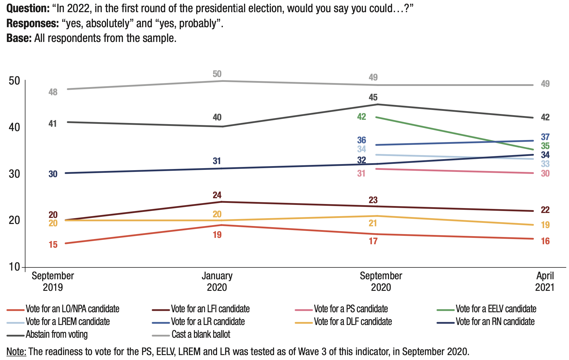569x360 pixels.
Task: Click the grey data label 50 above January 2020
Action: coord(217,74)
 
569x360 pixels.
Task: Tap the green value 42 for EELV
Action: coord(361,117)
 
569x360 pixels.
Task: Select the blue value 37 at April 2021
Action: coord(545,137)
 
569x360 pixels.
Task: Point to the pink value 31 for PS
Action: coord(361,173)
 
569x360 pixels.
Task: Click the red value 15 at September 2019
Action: coord(53,245)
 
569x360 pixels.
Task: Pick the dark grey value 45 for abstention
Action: coord(373,97)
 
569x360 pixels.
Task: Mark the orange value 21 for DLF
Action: coord(373,223)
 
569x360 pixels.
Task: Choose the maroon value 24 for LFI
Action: coord(217,195)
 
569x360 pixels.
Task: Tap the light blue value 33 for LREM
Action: coord(545,164)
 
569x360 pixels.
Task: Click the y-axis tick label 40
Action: coord(14,127)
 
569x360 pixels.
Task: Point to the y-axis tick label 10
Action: coord(14,267)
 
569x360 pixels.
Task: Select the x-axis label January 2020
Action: coord(217,282)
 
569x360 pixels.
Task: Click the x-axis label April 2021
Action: coord(545,282)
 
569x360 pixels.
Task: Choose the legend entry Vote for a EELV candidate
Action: coord(496,309)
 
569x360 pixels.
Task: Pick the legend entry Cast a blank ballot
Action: coord(201,335)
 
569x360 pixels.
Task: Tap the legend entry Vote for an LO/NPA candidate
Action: coord(72,309)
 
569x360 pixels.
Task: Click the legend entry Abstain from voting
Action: coord(57,335)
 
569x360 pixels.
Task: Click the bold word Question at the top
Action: coord(28,8)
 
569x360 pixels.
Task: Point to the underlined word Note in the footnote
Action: coord(16,352)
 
